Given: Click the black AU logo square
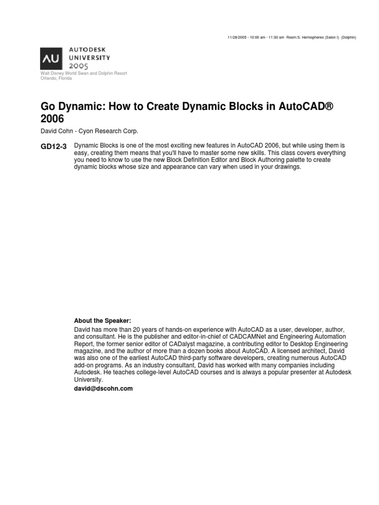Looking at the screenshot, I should (x=51, y=58).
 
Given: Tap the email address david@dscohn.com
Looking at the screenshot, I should (x=103, y=389).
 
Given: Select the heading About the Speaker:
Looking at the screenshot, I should (x=102, y=320).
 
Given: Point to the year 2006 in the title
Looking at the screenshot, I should (x=52, y=119).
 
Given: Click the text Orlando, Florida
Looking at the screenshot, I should (x=56, y=78).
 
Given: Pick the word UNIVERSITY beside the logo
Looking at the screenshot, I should (x=89, y=57).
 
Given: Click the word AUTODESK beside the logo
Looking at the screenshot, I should (x=87, y=50).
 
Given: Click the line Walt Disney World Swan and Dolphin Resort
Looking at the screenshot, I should (x=83, y=73).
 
